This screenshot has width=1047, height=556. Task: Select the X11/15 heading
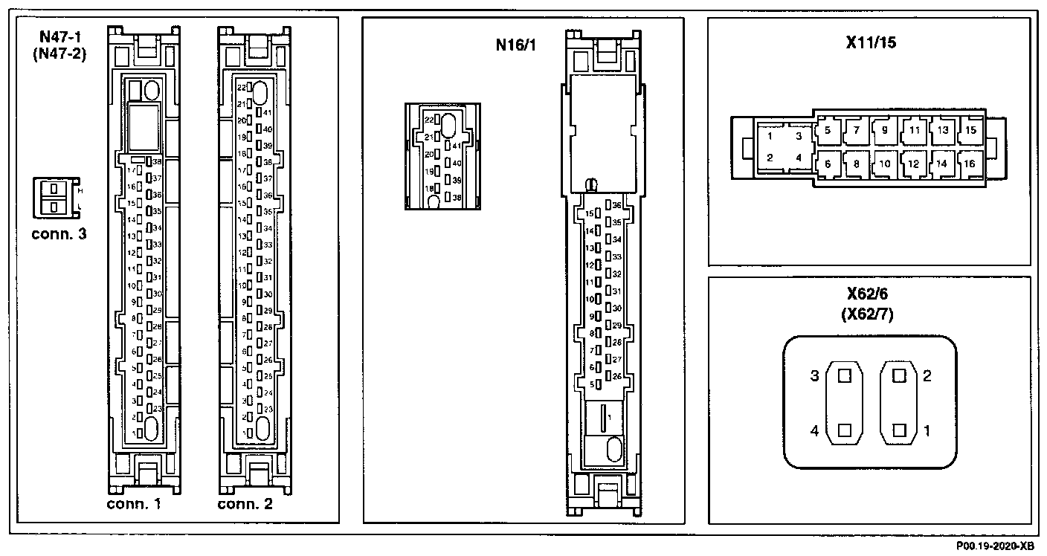pyautogui.click(x=871, y=42)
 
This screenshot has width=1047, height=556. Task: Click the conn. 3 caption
pyautogui.click(x=59, y=234)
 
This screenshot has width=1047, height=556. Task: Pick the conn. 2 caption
pyautogui.click(x=245, y=505)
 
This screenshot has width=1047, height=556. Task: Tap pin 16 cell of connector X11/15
pyautogui.click(x=969, y=164)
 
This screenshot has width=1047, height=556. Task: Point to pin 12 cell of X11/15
pyautogui.click(x=913, y=164)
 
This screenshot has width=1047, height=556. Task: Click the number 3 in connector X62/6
pyautogui.click(x=814, y=376)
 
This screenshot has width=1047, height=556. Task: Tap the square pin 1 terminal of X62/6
pyautogui.click(x=900, y=430)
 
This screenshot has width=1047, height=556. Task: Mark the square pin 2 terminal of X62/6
pyautogui.click(x=900, y=376)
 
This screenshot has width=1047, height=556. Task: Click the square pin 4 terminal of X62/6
pyautogui.click(x=843, y=430)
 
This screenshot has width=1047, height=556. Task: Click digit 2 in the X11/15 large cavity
pyautogui.click(x=770, y=158)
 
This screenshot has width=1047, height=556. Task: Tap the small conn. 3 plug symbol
pyautogui.click(x=54, y=197)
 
